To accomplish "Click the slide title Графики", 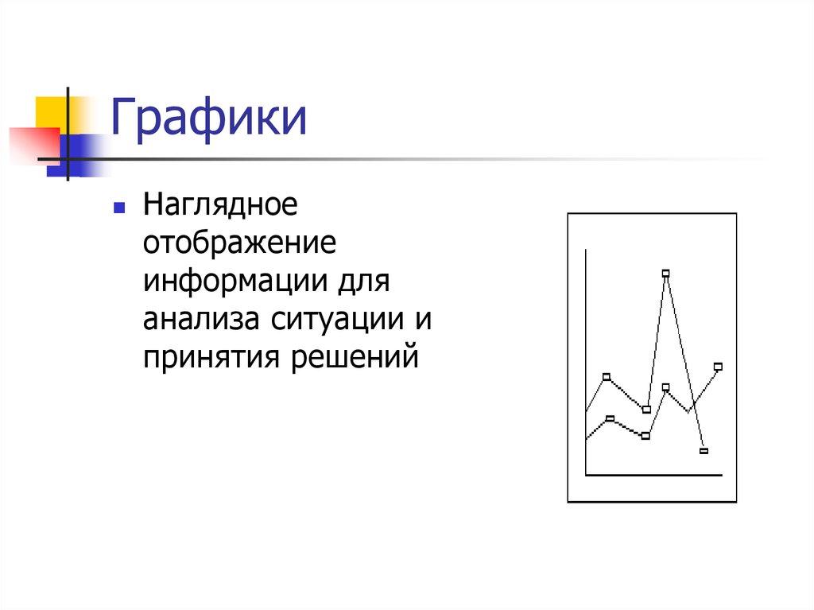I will click(x=208, y=119).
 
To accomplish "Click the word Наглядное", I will click(x=220, y=206).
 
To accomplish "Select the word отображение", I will click(x=241, y=243).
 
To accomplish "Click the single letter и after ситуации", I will click(x=421, y=320).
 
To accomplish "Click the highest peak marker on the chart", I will click(x=665, y=274).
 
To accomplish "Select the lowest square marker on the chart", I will click(x=704, y=451).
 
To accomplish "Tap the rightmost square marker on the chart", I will click(x=718, y=367).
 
